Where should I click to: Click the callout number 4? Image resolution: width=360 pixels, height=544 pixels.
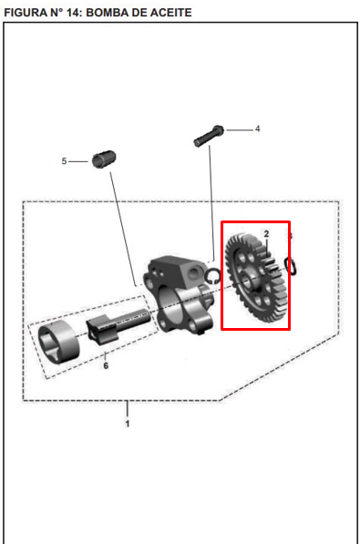pyautogui.click(x=257, y=129)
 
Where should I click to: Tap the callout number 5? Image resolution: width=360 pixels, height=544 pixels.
pyautogui.click(x=64, y=161)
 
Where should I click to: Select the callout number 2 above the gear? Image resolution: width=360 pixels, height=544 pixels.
pyautogui.click(x=266, y=234)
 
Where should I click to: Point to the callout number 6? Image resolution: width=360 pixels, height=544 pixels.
pyautogui.click(x=106, y=365)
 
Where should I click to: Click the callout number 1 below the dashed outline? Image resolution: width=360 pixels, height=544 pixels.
pyautogui.click(x=128, y=424)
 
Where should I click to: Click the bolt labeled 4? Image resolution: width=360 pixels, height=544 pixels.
pyautogui.click(x=208, y=136)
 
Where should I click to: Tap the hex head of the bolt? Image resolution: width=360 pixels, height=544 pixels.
pyautogui.click(x=219, y=131)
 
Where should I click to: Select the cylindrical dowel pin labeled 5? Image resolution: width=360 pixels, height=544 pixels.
pyautogui.click(x=104, y=159)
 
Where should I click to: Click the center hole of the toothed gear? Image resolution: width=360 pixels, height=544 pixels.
pyautogui.click(x=247, y=281)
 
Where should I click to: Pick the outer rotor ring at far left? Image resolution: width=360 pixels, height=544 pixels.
pyautogui.click(x=58, y=343)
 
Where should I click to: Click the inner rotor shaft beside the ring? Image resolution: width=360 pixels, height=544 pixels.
pyautogui.click(x=118, y=326)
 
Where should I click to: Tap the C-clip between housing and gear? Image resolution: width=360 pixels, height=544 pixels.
pyautogui.click(x=211, y=276)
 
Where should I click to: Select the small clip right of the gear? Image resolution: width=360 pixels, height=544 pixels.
pyautogui.click(x=291, y=266)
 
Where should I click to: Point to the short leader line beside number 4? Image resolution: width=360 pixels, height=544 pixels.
pyautogui.click(x=240, y=130)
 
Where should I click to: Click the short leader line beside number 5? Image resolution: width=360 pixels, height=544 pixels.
pyautogui.click(x=78, y=161)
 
